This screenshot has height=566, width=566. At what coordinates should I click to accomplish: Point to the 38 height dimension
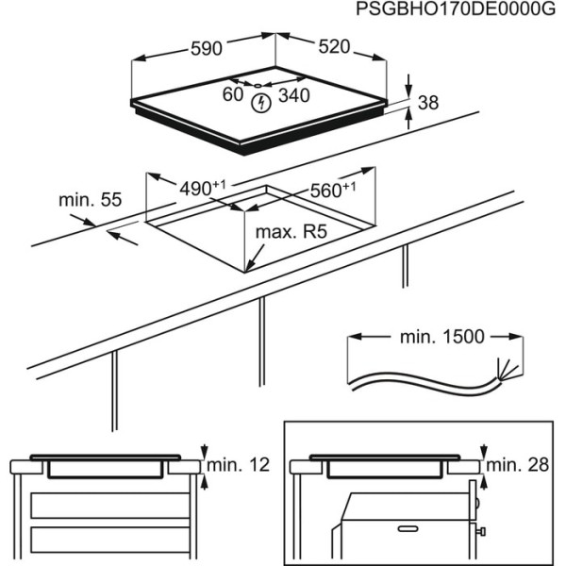click(x=428, y=103)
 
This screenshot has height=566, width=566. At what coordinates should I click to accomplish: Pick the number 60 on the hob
click(x=233, y=94)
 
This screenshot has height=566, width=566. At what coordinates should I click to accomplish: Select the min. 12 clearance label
click(x=239, y=464)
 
